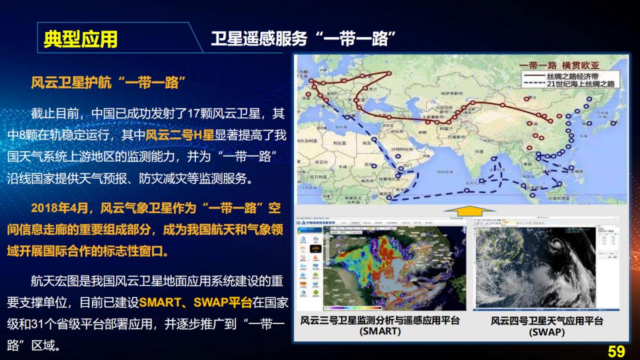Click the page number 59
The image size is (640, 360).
point(616,351)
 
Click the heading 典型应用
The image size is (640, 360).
point(81,39)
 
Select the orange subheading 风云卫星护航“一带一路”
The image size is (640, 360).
point(108,83)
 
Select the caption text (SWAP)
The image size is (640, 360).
point(546,332)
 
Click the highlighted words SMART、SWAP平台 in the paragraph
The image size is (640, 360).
point(195,302)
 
